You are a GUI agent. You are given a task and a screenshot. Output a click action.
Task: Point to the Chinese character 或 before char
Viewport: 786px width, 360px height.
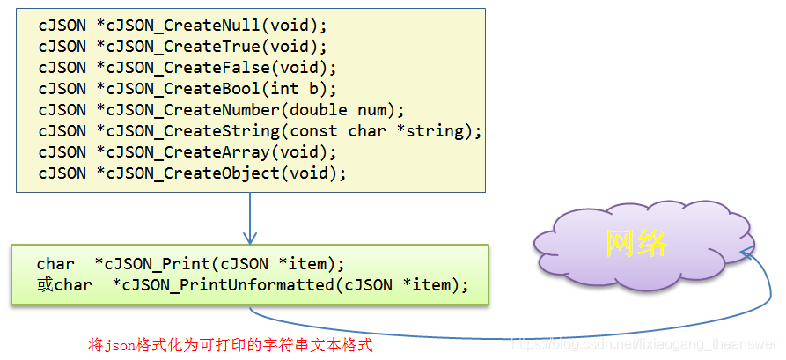point(45,285)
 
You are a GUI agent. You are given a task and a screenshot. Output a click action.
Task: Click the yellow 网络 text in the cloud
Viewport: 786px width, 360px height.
point(636,242)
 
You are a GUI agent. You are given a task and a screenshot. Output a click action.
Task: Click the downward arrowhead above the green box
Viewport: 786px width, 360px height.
point(250,237)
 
